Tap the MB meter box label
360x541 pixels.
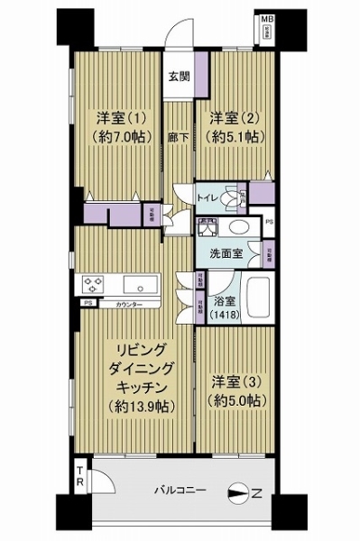click(268, 18)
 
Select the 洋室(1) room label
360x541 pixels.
click(115, 117)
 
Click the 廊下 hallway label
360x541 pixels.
click(179, 140)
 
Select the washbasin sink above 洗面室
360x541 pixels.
click(239, 227)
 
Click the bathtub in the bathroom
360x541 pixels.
click(259, 296)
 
